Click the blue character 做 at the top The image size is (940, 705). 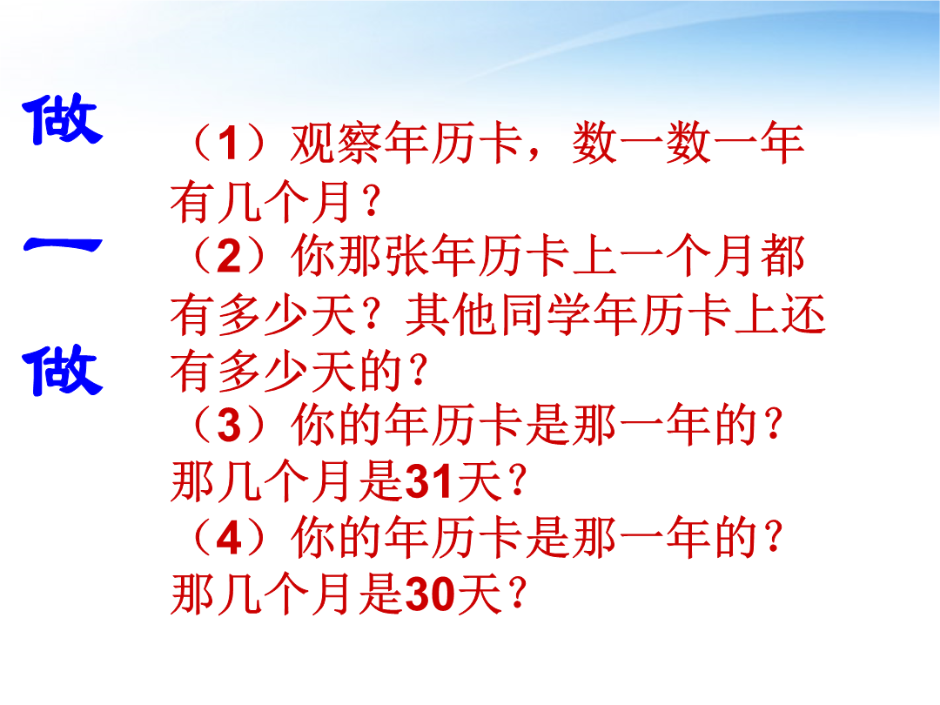click(x=63, y=120)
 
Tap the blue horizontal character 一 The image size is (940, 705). click(x=63, y=245)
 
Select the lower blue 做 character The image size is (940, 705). click(x=63, y=371)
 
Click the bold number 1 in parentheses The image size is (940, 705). click(x=227, y=144)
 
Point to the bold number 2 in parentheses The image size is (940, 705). click(x=228, y=257)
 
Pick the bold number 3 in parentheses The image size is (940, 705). click(x=228, y=426)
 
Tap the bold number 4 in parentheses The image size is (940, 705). click(x=228, y=539)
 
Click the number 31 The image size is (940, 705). click(x=427, y=481)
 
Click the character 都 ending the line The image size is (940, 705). click(x=782, y=256)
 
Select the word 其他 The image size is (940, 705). click(x=452, y=313)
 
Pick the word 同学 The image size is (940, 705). click(x=546, y=313)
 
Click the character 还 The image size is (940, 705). click(x=802, y=313)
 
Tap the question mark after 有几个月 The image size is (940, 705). click(x=372, y=201)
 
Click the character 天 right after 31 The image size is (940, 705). click(x=479, y=481)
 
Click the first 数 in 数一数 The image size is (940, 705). click(x=594, y=144)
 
